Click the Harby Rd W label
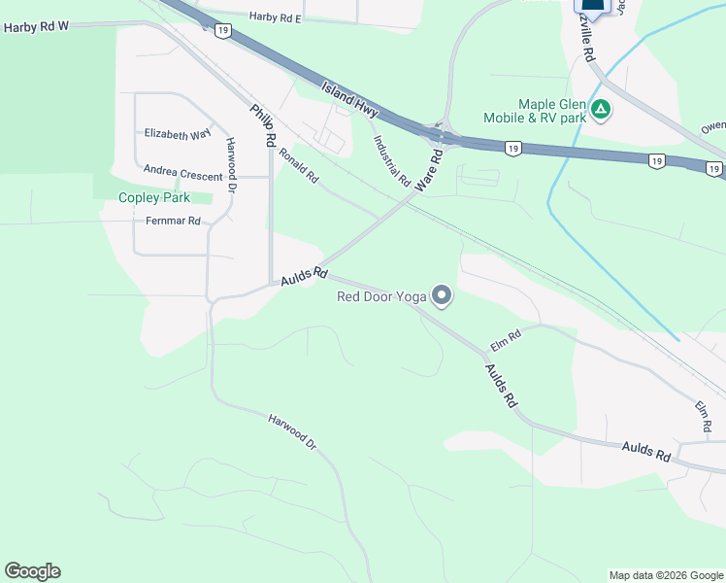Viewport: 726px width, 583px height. coord(37,27)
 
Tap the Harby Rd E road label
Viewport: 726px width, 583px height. coord(276,17)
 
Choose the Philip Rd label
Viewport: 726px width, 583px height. coord(261,125)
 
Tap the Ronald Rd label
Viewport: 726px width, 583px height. coord(299,164)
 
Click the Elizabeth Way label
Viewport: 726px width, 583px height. coord(177,134)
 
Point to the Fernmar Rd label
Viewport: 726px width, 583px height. coord(173,221)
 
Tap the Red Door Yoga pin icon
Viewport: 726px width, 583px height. coord(442,295)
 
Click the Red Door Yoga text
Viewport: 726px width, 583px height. coord(381,296)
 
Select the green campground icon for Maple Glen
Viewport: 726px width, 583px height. coord(601,109)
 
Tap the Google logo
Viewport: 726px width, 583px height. coord(32,571)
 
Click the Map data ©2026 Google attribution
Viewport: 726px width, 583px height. coord(666,575)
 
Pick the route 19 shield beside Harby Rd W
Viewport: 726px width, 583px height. coord(223,31)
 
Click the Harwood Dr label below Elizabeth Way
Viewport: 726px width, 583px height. coord(231,166)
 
